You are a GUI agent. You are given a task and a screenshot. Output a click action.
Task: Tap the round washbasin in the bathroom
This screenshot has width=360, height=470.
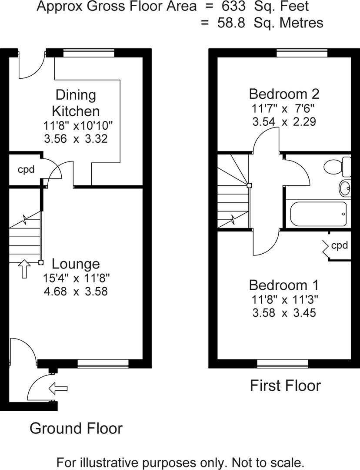point(345,188)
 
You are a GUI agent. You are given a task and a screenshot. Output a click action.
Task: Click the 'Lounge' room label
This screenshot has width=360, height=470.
point(76,264)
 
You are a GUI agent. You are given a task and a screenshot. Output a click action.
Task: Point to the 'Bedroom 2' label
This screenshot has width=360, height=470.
point(284,94)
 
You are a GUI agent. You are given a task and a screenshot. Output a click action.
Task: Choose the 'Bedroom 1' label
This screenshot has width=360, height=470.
point(284,285)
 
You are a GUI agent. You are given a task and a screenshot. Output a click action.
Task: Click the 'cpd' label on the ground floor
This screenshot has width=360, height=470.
point(26,170)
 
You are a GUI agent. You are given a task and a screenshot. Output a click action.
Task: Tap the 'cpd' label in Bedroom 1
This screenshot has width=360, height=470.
point(340,245)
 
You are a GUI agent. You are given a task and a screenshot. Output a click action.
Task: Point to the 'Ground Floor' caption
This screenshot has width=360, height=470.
point(76,428)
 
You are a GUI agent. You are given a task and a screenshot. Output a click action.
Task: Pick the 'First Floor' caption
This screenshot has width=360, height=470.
point(285,386)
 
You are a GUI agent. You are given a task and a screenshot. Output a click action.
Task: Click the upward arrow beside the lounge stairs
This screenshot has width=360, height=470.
point(24,269)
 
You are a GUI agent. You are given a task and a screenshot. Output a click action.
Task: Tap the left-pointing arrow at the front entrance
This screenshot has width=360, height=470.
point(58,387)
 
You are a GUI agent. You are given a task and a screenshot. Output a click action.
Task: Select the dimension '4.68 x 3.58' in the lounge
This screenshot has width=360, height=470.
point(76,291)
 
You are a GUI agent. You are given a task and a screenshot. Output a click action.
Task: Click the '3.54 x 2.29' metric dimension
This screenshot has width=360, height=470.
point(284,122)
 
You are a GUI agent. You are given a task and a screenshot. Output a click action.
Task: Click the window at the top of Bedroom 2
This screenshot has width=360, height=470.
point(302,53)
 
